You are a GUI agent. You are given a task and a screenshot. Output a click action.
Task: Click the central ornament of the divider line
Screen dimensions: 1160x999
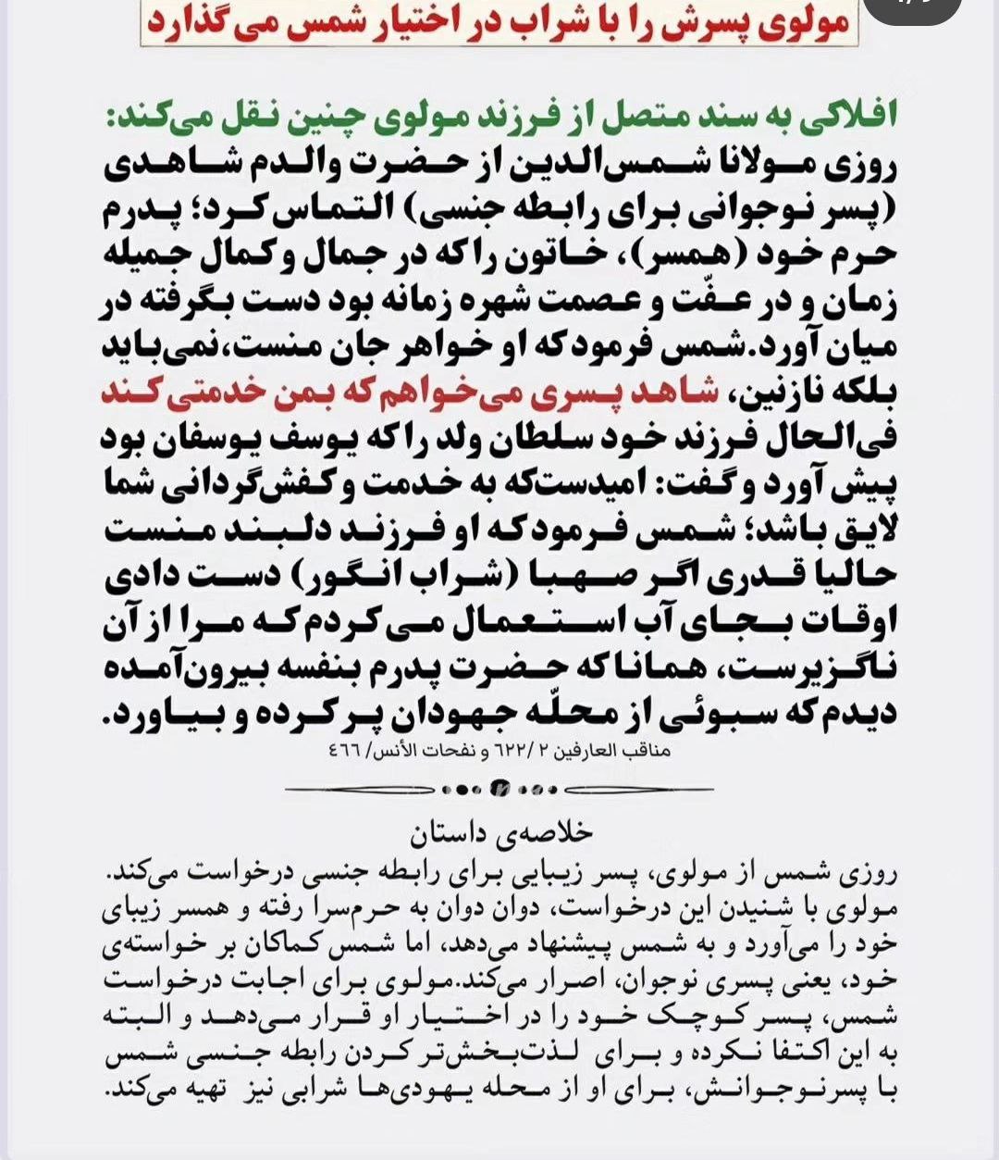tap(499, 790)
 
